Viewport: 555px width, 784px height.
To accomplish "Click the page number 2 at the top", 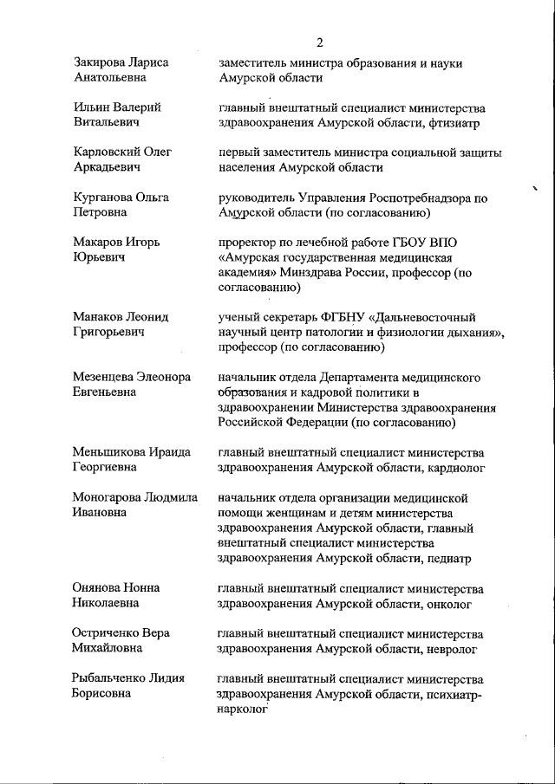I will coord(320,42).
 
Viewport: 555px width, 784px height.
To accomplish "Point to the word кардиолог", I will coord(455,469).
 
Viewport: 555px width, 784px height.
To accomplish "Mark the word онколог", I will coord(452,604).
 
